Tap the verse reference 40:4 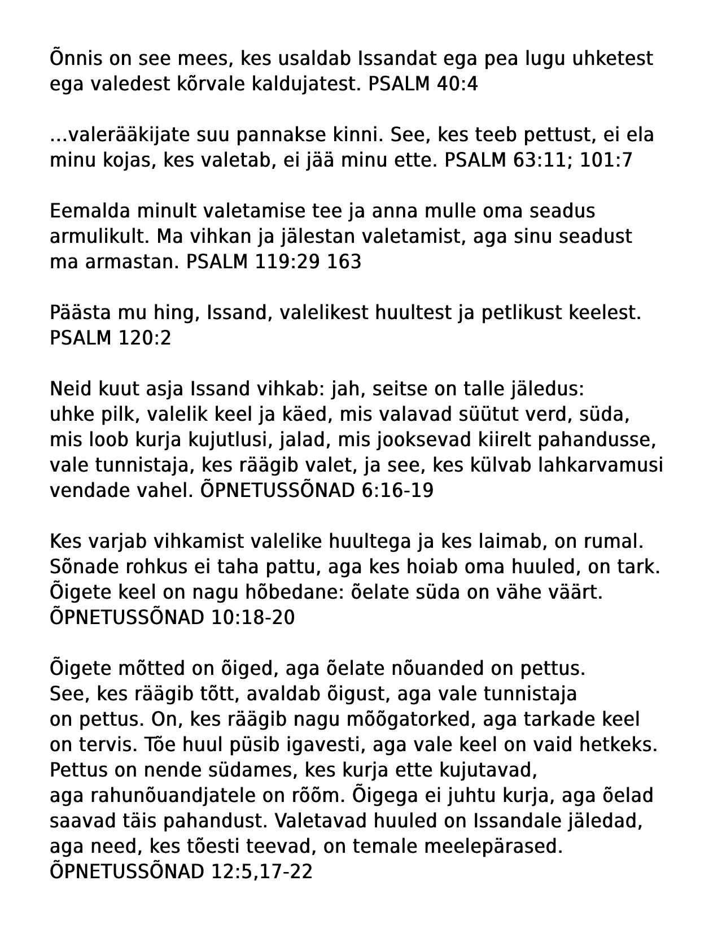(x=457, y=84)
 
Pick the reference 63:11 (x=542, y=160)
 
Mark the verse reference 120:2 (x=145, y=338)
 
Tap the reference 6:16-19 (x=397, y=491)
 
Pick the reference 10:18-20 (x=253, y=617)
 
